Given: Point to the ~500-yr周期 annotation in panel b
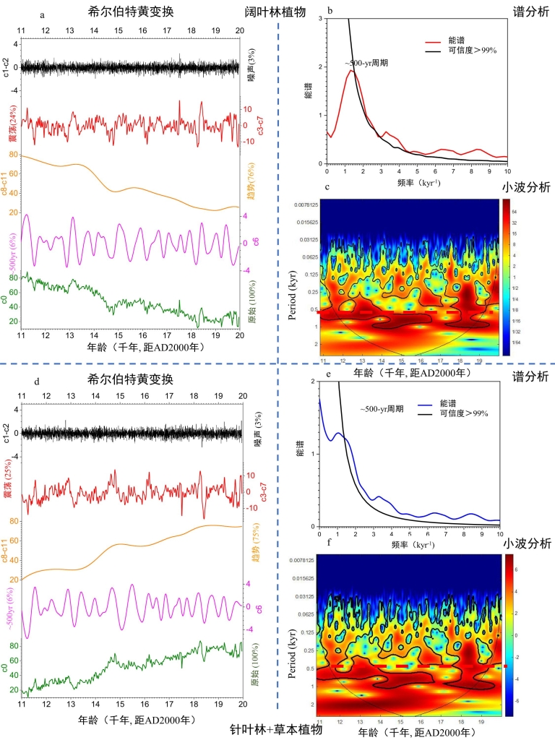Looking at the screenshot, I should [366, 63].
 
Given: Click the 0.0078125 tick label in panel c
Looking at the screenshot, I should [301, 205].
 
